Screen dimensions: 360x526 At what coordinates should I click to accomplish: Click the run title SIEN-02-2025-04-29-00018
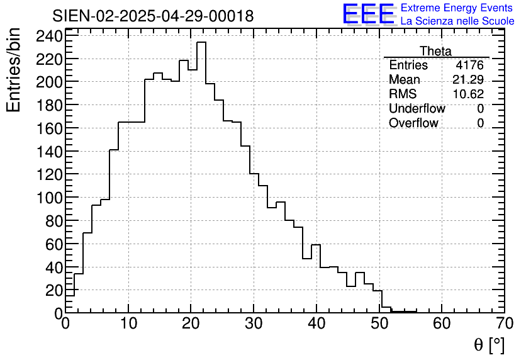(153, 16)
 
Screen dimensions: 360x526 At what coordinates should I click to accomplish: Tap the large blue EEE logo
(368, 14)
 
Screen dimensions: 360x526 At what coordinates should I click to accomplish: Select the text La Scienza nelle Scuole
(457, 21)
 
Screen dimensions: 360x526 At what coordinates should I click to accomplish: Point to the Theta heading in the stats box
(435, 51)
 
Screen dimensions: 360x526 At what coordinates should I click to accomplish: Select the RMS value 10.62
(469, 94)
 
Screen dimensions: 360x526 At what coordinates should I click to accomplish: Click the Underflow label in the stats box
(417, 108)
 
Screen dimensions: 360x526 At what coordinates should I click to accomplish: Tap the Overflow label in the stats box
(413, 123)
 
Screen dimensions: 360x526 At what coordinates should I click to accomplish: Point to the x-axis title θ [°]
(489, 345)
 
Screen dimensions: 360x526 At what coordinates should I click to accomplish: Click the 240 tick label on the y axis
(50, 36)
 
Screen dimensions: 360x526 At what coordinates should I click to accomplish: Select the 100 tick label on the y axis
(50, 198)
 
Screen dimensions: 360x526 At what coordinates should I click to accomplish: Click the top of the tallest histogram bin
(201, 43)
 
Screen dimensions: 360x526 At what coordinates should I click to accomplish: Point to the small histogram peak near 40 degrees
(316, 245)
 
